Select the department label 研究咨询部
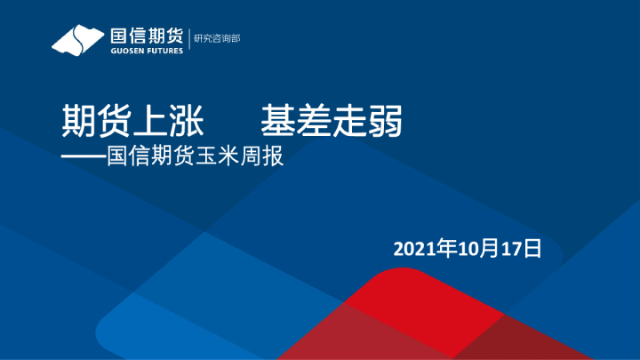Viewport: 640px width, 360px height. (x=218, y=38)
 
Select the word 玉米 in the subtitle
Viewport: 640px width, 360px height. (x=219, y=158)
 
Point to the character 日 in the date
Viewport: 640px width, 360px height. (x=532, y=248)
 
